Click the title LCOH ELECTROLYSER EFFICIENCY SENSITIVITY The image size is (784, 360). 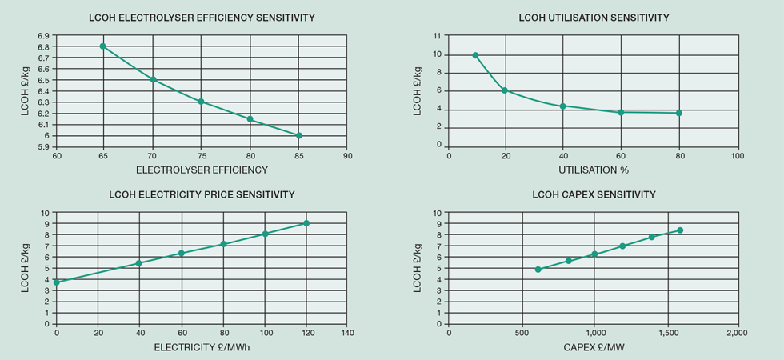point(202,18)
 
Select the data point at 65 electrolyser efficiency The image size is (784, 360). point(103,46)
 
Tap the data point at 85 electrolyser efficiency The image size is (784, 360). point(298,135)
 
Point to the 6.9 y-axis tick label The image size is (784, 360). point(43,36)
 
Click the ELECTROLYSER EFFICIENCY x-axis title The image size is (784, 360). point(202,170)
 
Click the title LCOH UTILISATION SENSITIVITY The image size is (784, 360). point(594,18)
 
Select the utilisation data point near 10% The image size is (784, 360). point(475,55)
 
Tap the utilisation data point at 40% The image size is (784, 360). point(563,106)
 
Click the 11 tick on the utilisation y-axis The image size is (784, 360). point(435,36)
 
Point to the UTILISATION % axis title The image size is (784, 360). point(594,170)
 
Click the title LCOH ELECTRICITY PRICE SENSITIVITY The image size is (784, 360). point(202,194)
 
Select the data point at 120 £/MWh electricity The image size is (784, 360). point(306,223)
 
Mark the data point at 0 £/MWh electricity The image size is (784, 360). point(57,282)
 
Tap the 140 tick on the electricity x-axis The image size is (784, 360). point(346,332)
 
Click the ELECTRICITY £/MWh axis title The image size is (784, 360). point(202,348)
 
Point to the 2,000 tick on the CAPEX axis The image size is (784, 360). point(737,332)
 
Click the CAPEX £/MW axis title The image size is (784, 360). point(594,348)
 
